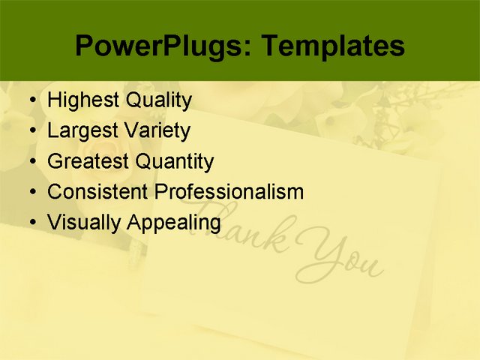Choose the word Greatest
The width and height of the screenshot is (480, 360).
(x=88, y=161)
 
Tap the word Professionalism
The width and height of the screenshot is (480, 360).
(x=229, y=192)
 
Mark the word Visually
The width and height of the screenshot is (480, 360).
(x=84, y=223)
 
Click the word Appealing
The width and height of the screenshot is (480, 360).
(x=174, y=223)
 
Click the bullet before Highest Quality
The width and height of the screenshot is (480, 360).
(x=30, y=100)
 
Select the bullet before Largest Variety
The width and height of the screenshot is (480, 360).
(x=30, y=131)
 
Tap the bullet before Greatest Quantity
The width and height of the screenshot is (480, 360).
(x=30, y=162)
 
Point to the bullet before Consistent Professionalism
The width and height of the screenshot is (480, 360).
(x=30, y=193)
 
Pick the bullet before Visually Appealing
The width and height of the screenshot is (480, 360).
(x=30, y=223)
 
